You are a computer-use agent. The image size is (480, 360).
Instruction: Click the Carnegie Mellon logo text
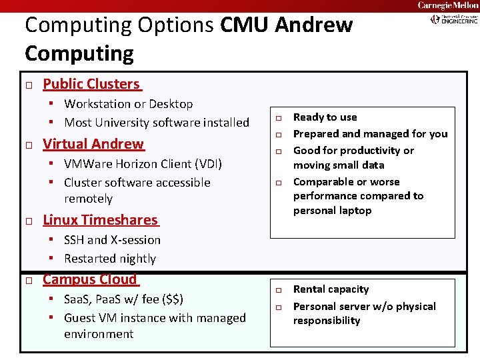pyautogui.click(x=448, y=5)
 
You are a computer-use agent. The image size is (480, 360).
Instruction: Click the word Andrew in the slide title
pyautogui.click(x=313, y=25)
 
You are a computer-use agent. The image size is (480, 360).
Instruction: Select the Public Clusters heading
pyautogui.click(x=91, y=84)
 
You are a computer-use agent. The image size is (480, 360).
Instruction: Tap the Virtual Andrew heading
pyautogui.click(x=93, y=144)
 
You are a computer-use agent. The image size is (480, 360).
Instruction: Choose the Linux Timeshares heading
pyautogui.click(x=100, y=220)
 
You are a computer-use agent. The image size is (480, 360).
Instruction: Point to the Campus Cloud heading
pyautogui.click(x=89, y=280)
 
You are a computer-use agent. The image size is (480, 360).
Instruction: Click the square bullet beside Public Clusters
pyautogui.click(x=29, y=85)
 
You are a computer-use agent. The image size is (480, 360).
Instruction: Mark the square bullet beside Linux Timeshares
pyautogui.click(x=29, y=221)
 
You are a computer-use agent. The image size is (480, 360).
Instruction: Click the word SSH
pyautogui.click(x=74, y=240)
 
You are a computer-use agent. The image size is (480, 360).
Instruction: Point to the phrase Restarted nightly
pyautogui.click(x=110, y=259)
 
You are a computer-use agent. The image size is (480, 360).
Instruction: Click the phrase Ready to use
pyautogui.click(x=325, y=117)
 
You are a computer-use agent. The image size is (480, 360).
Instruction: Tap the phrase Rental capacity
pyautogui.click(x=331, y=289)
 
